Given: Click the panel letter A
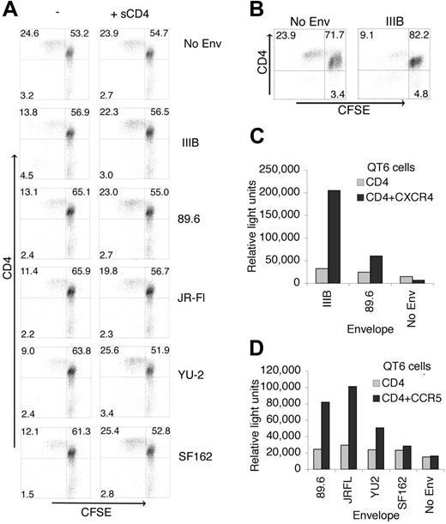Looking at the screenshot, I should (x=13, y=11).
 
